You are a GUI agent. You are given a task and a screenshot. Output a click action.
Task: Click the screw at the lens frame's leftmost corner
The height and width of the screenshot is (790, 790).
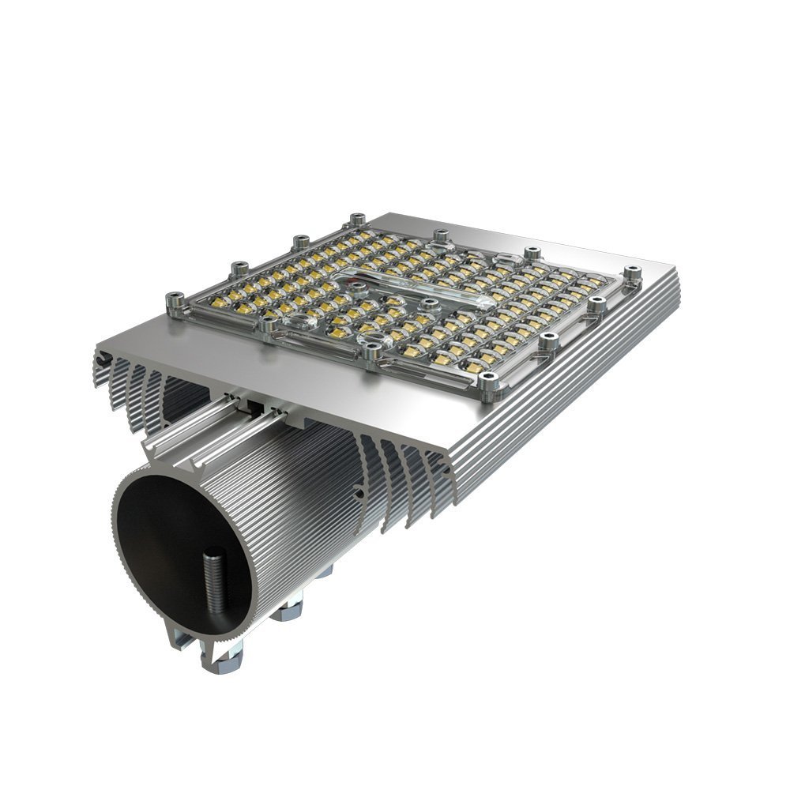173,301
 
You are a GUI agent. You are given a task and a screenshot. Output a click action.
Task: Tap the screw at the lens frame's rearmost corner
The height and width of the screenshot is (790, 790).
357,219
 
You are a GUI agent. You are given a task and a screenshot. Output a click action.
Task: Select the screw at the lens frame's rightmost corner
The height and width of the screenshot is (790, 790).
631,273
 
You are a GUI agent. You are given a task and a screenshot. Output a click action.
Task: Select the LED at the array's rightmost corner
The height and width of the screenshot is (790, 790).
589,282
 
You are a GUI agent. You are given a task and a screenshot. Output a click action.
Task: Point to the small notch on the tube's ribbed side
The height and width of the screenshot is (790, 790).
359,495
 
